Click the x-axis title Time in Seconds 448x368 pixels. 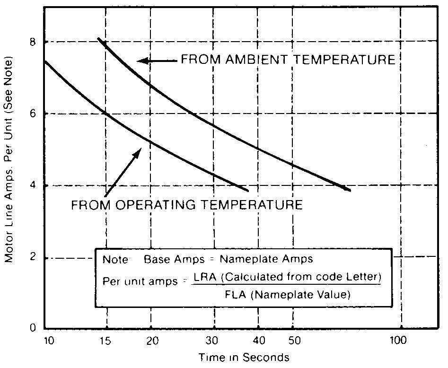pos(244,357)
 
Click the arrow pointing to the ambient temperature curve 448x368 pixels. pos(156,61)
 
